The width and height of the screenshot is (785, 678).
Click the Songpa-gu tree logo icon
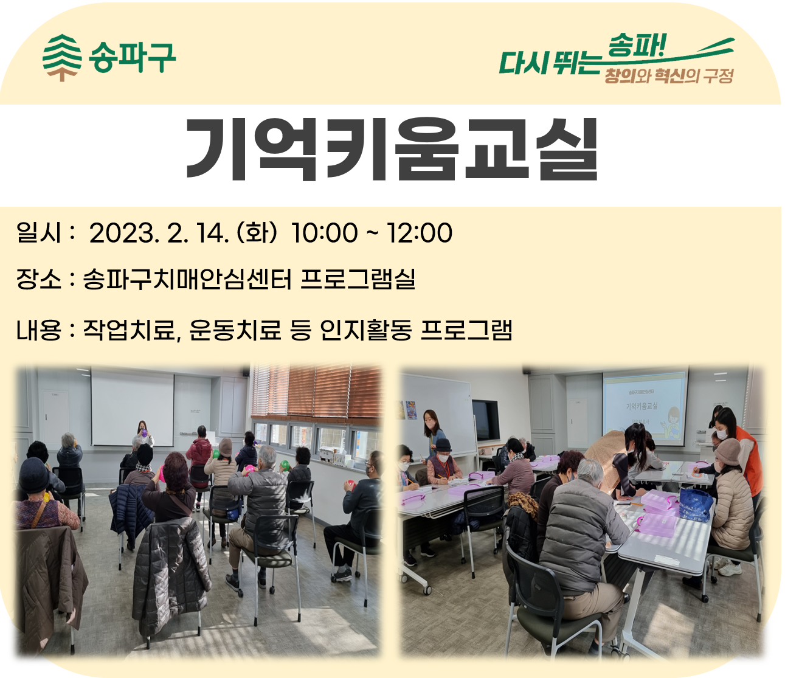62,58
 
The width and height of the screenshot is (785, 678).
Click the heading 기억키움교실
392,150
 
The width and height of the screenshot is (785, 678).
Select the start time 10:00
324,233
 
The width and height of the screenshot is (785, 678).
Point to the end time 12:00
420,233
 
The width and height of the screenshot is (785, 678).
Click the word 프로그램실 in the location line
358,279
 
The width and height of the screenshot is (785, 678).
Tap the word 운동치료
235,330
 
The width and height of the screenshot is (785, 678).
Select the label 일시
38,232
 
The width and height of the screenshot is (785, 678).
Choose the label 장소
38,279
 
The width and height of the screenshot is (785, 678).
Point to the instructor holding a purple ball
144,434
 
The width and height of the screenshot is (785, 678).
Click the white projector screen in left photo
132,409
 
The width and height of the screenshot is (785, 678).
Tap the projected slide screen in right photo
645,409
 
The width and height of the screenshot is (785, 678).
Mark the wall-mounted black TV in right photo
485,420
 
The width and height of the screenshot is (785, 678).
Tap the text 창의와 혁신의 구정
669,76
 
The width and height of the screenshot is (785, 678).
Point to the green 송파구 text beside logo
132,58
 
